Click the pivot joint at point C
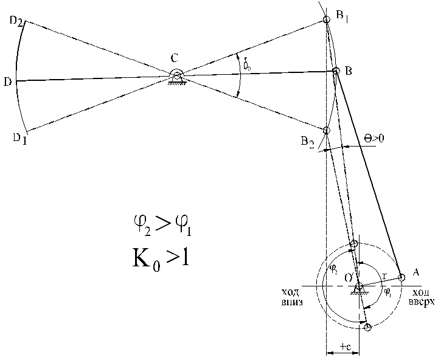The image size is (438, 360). click(176, 76)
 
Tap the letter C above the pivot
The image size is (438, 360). click(175, 59)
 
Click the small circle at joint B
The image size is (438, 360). click(336, 71)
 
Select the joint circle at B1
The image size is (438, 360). click(327, 19)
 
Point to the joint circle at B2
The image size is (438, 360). click(327, 130)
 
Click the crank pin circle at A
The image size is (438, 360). click(401, 278)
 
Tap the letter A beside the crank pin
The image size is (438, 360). click(415, 272)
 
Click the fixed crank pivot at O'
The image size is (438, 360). click(359, 286)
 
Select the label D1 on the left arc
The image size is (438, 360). click(19, 138)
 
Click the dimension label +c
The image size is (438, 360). click(344, 346)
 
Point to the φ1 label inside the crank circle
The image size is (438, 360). click(388, 291)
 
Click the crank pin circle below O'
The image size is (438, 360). click(367, 328)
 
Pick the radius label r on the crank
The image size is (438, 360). click(384, 276)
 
